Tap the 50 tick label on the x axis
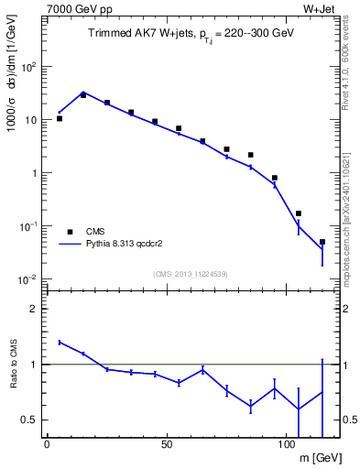(x=167, y=445)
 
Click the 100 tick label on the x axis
(x=287, y=445)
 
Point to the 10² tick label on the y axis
(x=28, y=66)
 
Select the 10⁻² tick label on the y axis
(x=28, y=278)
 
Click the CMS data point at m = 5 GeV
(x=60, y=118)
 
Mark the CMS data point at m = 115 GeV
(x=322, y=242)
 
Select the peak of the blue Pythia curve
(x=83, y=93)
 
